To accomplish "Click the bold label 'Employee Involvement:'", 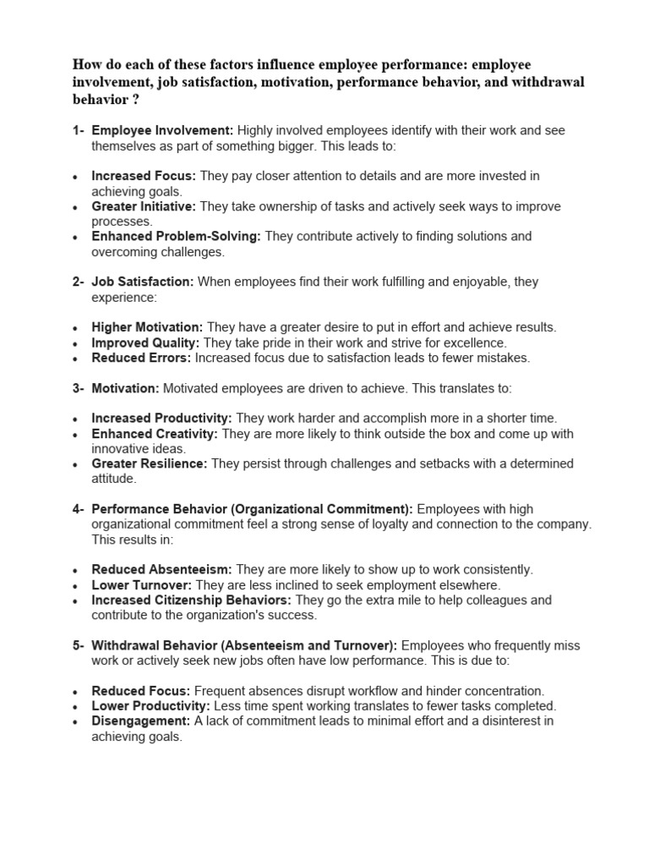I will click(162, 130).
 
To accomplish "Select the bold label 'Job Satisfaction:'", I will click(143, 282).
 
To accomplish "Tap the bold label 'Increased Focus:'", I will click(144, 176).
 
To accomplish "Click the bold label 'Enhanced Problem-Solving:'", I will click(176, 237).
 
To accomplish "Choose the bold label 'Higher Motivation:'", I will click(147, 327).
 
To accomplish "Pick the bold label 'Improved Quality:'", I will click(145, 343).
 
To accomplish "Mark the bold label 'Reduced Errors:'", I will click(141, 358).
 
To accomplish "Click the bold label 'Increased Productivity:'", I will click(161, 419).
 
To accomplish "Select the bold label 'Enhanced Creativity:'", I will click(155, 434).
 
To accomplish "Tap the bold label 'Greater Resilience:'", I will click(150, 464).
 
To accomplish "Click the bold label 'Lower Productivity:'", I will click(151, 706).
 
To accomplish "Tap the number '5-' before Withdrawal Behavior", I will click(78, 645).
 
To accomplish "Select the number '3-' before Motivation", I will click(78, 388).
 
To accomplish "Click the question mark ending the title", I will click(136, 99).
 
